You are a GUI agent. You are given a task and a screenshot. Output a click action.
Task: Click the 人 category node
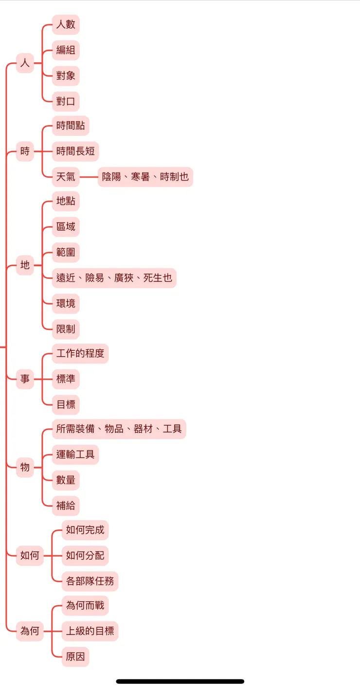point(25,63)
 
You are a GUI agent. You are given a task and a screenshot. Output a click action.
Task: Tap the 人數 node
point(66,24)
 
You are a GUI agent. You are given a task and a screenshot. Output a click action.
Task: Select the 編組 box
point(66,50)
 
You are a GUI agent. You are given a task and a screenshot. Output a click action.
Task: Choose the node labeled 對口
point(66,102)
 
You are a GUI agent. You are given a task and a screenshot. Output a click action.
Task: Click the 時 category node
point(25,151)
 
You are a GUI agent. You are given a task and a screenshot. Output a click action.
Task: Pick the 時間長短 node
point(75,151)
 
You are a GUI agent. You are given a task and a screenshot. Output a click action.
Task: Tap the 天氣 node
point(66,177)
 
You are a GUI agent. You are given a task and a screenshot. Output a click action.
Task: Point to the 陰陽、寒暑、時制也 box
point(145,177)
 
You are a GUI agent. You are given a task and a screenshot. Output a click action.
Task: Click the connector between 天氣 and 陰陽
point(89,177)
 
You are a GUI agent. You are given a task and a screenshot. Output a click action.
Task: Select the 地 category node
point(25,265)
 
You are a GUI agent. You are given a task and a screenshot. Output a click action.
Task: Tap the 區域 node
point(66,227)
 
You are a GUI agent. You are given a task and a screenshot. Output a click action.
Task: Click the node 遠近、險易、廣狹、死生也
point(114,278)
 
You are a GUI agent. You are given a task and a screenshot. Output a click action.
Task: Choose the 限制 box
point(66,329)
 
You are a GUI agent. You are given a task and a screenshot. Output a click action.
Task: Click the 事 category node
point(25,379)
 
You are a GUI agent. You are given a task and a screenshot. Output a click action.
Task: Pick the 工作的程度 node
point(80,353)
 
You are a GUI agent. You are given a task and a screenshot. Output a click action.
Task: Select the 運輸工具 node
point(75,455)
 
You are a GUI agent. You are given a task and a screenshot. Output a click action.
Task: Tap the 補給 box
point(66,506)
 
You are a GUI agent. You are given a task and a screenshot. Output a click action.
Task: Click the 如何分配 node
point(85,555)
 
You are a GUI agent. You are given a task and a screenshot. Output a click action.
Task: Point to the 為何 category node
point(30,631)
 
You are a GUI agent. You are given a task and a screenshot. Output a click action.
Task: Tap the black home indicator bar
point(180,681)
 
